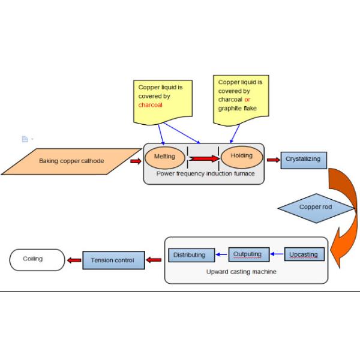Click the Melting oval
(x=165, y=157)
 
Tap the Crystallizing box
(x=304, y=160)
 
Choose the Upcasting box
(x=304, y=254)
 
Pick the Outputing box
(x=248, y=254)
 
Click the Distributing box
(x=190, y=255)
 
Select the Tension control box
(x=113, y=260)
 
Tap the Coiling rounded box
(x=37, y=260)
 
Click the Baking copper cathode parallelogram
(x=76, y=161)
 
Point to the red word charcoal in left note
(x=151, y=105)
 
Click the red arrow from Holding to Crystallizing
(x=273, y=160)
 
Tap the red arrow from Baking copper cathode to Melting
(x=136, y=161)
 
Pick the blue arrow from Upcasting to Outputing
(x=276, y=254)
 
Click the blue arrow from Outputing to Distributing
(x=220, y=254)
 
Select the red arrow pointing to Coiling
(x=74, y=260)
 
